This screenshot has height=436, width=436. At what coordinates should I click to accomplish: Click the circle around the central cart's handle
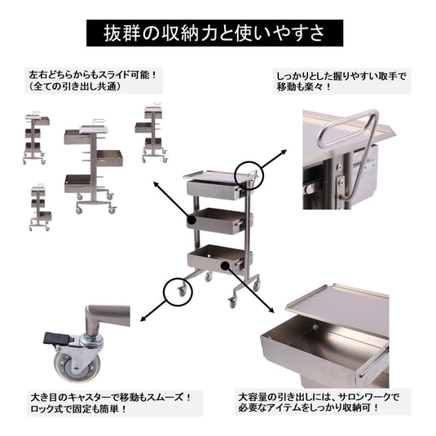(x=249, y=174)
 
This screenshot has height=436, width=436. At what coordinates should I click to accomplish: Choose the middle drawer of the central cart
(x=218, y=219)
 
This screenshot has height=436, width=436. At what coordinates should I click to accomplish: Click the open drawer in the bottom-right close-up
(x=326, y=346)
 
